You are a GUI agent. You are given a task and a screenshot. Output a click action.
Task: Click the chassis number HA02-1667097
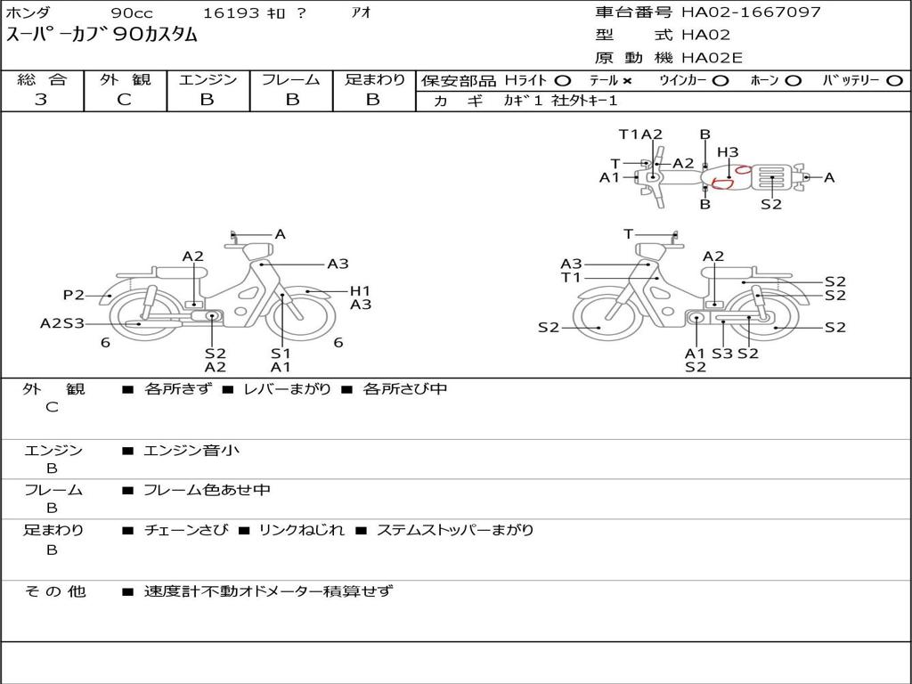point(751,12)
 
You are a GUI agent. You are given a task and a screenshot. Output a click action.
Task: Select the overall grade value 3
point(41,100)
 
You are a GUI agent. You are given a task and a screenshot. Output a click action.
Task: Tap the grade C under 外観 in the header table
point(124,100)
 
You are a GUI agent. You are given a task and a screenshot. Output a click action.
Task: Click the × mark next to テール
point(626,81)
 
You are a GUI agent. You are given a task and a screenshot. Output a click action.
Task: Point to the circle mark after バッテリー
point(894,81)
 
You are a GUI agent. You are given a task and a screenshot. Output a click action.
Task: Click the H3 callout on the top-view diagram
point(728,152)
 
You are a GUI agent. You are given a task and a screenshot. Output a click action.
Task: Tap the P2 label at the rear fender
point(73,295)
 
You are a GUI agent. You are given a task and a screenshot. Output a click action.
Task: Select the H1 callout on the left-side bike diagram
point(360,291)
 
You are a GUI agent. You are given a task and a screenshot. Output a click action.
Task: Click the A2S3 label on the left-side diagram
point(61,323)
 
